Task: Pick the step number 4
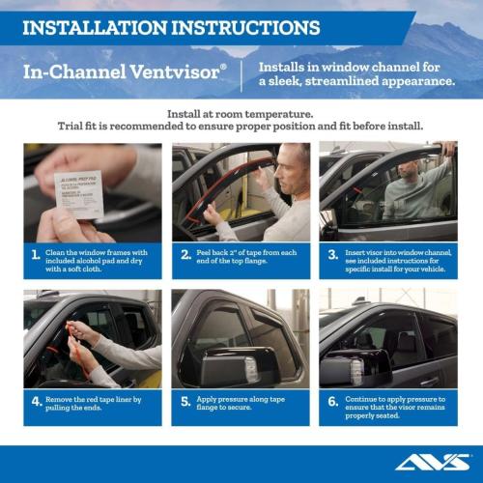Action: point(36,402)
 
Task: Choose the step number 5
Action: point(185,402)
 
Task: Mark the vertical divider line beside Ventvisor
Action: point(241,73)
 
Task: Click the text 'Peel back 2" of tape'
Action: point(242,252)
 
